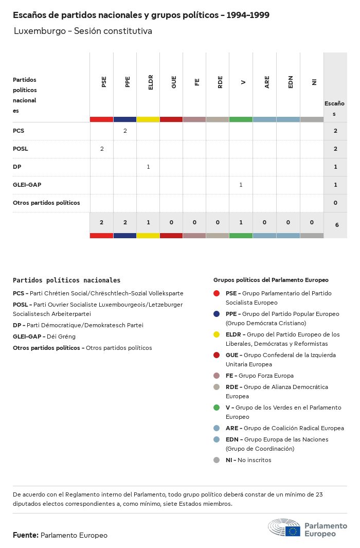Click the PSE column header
click(104, 82)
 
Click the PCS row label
click(19, 131)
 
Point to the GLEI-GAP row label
click(27, 185)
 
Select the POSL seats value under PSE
click(102, 149)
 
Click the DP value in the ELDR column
click(148, 167)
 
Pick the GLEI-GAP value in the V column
click(241, 185)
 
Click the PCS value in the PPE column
click(125, 131)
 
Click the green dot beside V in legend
click(217, 408)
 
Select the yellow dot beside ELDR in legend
click(217, 334)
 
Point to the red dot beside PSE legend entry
click(217, 293)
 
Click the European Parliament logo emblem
click(284, 528)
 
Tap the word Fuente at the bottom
click(25, 535)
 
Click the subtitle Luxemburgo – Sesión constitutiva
click(83, 31)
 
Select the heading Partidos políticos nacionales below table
click(66, 280)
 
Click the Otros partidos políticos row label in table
click(46, 203)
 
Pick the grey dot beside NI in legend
click(217, 460)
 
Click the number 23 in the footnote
click(319, 494)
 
